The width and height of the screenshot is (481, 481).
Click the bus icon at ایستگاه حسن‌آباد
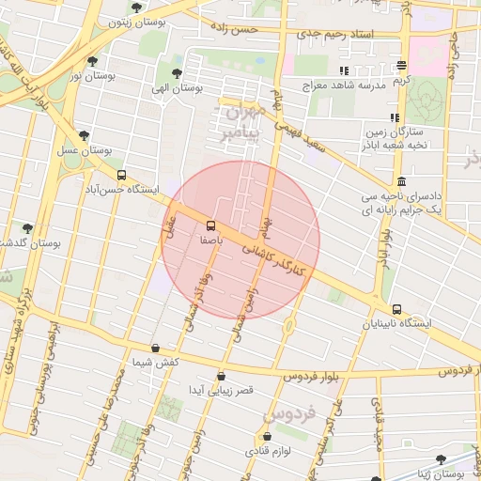click(121, 175)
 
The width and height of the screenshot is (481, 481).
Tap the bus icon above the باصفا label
click(209, 225)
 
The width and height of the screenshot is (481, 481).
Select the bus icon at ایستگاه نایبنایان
click(396, 309)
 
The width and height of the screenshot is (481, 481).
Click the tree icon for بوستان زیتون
click(137, 8)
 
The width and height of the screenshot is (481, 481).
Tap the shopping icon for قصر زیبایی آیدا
click(222, 374)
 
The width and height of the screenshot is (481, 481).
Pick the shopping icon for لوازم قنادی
click(268, 437)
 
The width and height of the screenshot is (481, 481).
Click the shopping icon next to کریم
click(402, 66)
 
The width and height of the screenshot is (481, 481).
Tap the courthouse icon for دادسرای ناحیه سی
click(402, 181)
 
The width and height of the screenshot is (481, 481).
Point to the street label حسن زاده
click(236, 31)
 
